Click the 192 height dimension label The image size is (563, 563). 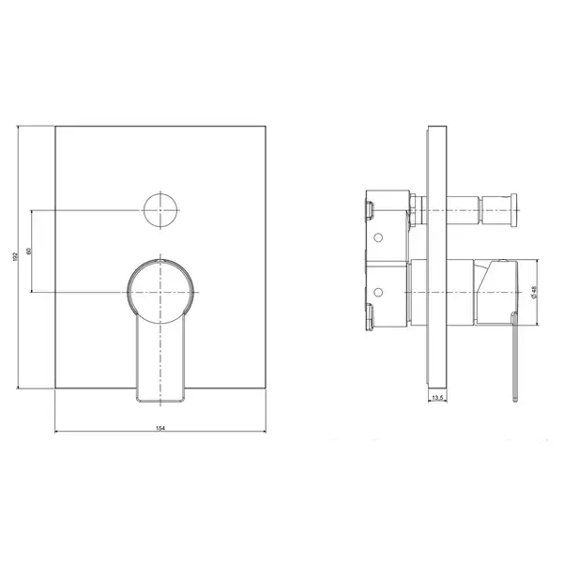(15, 256)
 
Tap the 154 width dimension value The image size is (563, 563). (160, 428)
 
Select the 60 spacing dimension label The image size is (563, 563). (29, 251)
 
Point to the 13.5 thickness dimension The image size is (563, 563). (437, 398)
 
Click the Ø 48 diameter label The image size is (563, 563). (533, 292)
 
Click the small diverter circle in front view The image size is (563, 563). (160, 210)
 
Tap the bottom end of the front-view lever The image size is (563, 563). (160, 402)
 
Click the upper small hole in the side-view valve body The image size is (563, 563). (378, 237)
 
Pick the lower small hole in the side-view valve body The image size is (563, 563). (378, 293)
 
